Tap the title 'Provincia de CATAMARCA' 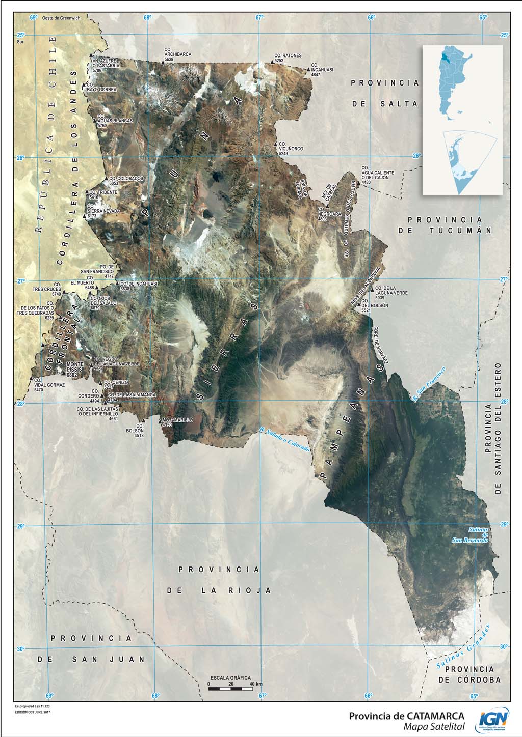(406, 716)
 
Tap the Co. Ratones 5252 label (288, 58)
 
